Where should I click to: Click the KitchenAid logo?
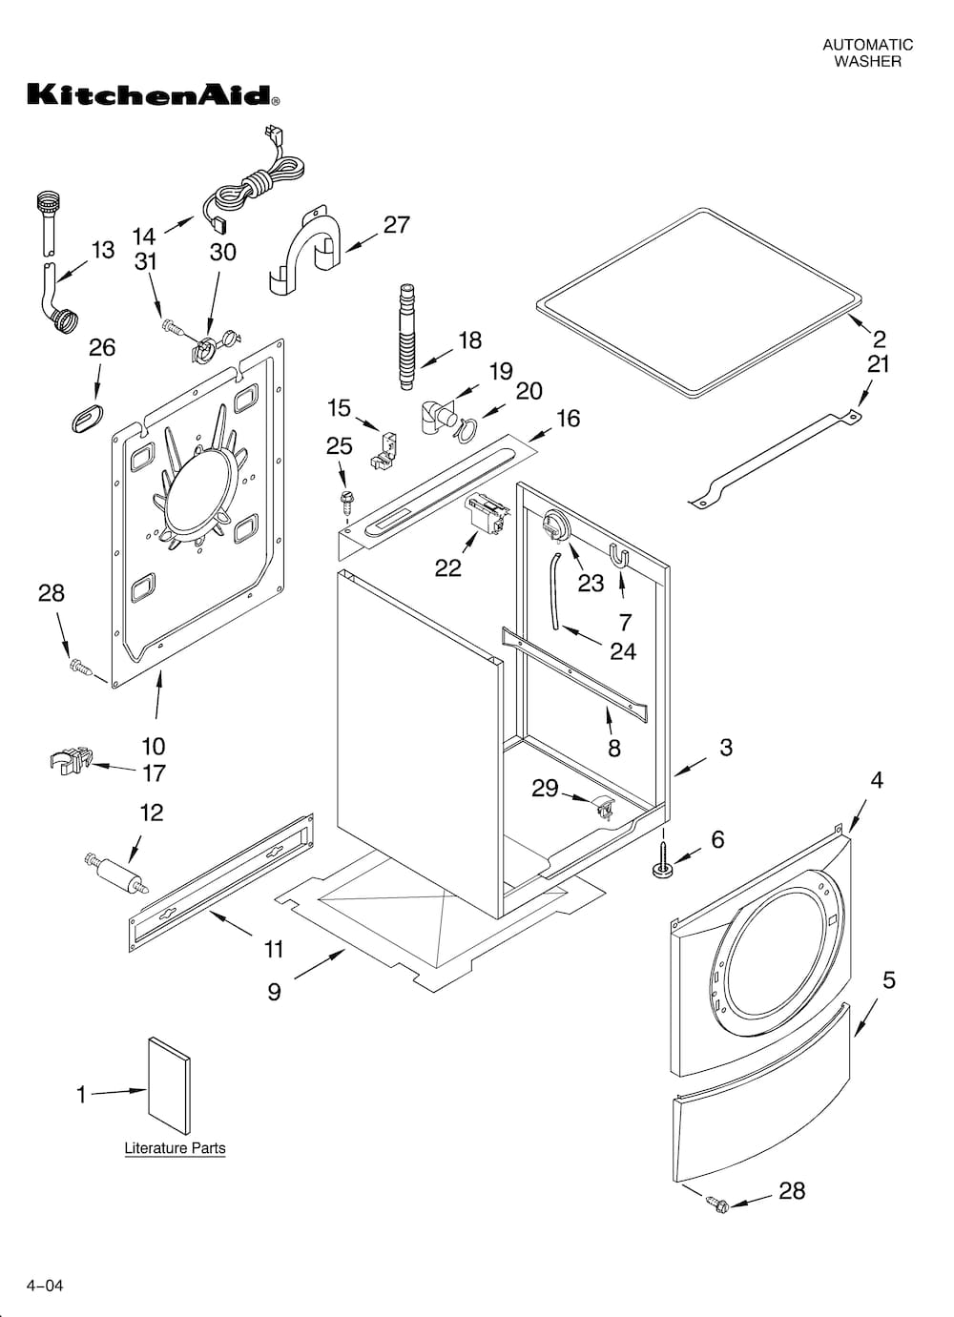pyautogui.click(x=153, y=94)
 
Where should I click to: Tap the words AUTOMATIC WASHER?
pyautogui.click(x=867, y=52)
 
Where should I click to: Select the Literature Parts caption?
pyautogui.click(x=175, y=1148)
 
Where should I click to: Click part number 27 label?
pyautogui.click(x=396, y=225)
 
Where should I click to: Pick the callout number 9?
pyautogui.click(x=274, y=992)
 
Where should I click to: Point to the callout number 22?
pyautogui.click(x=447, y=568)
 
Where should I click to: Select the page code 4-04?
pyautogui.click(x=45, y=1286)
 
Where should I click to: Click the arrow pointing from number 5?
pyautogui.click(x=864, y=1017)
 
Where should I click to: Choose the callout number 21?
pyautogui.click(x=878, y=363)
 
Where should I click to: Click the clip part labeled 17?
pyautogui.click(x=70, y=761)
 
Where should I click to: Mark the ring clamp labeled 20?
pyautogui.click(x=465, y=430)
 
